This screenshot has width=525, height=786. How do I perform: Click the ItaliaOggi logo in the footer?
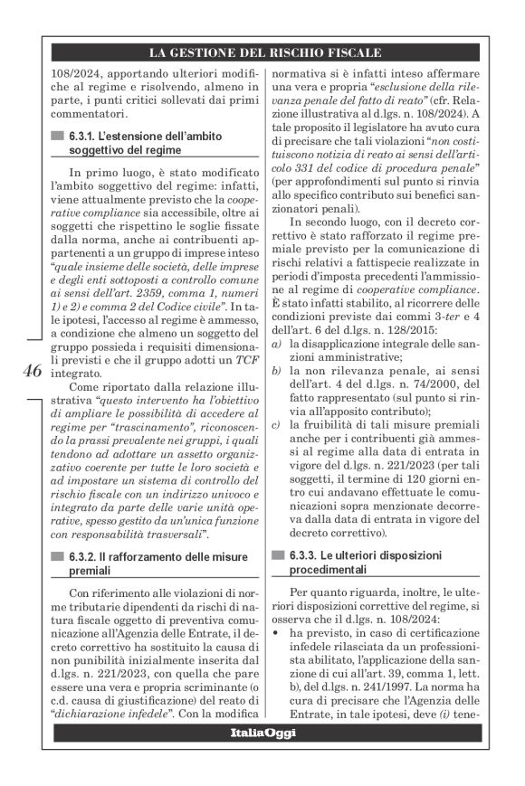262,756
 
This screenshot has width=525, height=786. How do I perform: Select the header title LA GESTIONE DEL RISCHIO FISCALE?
263,52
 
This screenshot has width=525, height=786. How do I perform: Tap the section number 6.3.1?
83,136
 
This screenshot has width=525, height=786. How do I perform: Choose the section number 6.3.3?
303,558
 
